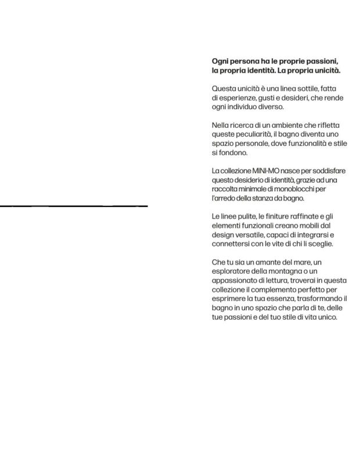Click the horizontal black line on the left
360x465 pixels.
click(x=74, y=206)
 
